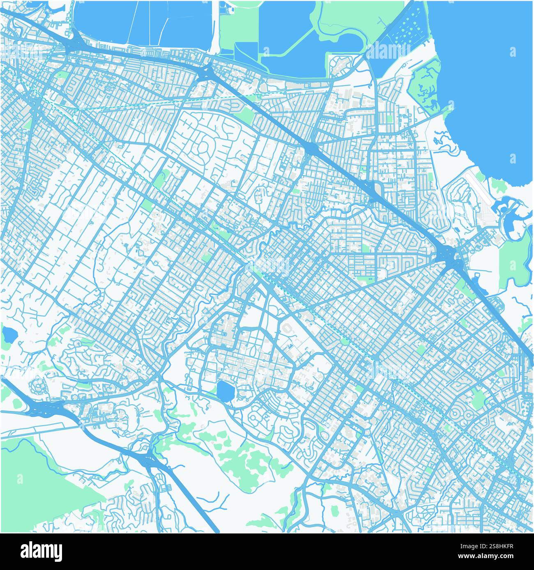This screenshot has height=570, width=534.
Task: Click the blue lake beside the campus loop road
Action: pyautogui.click(x=225, y=390)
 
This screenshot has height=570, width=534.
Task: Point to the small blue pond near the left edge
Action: pyautogui.click(x=8, y=335)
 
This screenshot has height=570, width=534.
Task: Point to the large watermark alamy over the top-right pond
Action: pyautogui.click(x=388, y=51)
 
